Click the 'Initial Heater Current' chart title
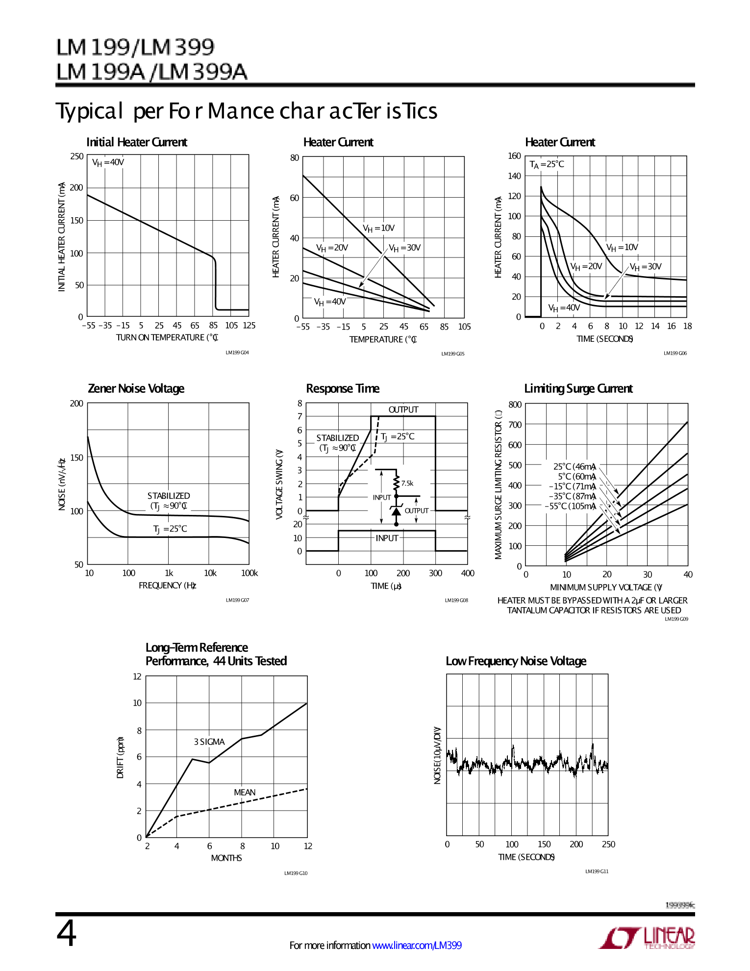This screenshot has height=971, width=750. click(137, 142)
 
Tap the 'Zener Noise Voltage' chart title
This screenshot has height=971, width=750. click(136, 388)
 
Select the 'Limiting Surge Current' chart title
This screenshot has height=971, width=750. click(578, 388)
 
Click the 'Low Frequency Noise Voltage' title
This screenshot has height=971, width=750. click(516, 661)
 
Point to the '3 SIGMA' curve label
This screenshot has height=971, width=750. click(209, 742)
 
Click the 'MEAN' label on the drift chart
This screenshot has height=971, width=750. click(245, 792)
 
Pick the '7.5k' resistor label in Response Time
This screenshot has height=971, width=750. click(407, 484)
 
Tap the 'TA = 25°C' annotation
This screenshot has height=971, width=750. click(547, 164)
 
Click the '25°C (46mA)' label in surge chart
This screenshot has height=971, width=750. click(575, 467)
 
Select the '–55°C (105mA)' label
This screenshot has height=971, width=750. click(571, 506)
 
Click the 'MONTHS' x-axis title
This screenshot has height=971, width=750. click(226, 858)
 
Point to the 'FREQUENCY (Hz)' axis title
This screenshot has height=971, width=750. click(167, 586)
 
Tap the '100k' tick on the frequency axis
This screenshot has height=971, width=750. click(250, 573)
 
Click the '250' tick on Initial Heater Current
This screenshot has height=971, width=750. click(77, 156)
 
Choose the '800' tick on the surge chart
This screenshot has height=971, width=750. click(515, 405)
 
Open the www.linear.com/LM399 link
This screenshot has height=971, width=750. click(417, 945)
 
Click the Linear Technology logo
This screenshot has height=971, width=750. click(647, 938)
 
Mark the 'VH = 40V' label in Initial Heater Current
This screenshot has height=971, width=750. click(108, 162)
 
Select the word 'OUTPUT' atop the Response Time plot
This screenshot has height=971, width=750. click(403, 409)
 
